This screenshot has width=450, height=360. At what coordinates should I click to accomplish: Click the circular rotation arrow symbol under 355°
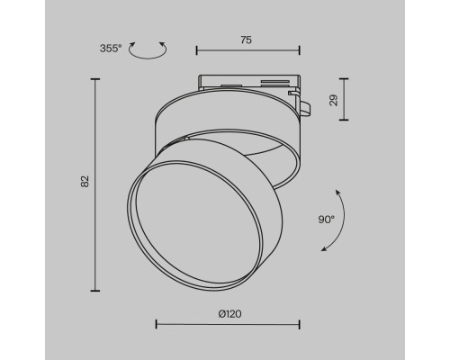(x=148, y=53)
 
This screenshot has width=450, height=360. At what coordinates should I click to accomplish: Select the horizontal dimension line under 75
(x=247, y=51)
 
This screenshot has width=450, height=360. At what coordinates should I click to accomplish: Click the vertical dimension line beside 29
(x=343, y=99)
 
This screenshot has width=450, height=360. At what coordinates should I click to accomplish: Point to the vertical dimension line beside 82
(x=95, y=184)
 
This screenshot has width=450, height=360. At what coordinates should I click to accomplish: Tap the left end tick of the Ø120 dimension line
(x=156, y=323)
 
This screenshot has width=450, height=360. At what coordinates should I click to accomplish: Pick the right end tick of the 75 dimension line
(x=300, y=51)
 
